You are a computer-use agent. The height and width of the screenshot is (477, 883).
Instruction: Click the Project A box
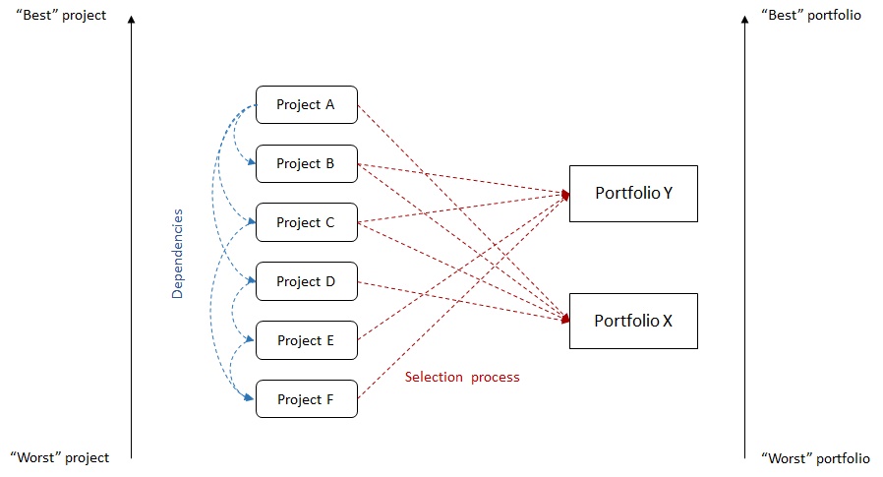tap(306, 105)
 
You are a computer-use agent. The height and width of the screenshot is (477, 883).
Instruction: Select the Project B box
tap(306, 164)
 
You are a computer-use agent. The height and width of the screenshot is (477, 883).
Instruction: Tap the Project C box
tap(306, 223)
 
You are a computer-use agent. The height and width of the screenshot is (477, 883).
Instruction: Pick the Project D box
tap(306, 282)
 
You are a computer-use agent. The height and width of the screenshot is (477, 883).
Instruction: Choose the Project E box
tap(306, 341)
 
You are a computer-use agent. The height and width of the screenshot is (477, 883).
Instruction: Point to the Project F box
tap(306, 400)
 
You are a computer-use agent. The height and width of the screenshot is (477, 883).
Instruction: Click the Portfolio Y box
tap(633, 194)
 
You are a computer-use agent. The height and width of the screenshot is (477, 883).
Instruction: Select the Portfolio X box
tap(633, 321)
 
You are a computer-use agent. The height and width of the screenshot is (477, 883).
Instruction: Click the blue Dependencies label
tap(178, 254)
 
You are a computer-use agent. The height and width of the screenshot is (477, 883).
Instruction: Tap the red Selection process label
tap(462, 378)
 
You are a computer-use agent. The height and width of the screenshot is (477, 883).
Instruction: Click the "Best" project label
tap(60, 17)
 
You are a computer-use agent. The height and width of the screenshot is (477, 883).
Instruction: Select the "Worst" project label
tap(60, 458)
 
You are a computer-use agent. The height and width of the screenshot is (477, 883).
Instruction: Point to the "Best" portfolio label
tap(811, 17)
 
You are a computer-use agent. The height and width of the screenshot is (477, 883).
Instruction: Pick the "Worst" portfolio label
tap(815, 458)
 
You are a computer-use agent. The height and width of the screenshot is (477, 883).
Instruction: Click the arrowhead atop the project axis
tap(131, 18)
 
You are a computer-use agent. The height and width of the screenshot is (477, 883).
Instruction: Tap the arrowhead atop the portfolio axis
tap(745, 18)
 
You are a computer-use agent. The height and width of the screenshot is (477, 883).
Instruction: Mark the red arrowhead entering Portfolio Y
tap(565, 194)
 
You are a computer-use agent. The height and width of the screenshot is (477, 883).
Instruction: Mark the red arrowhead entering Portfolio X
tap(565, 321)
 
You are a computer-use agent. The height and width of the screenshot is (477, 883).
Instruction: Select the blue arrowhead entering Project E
tap(252, 340)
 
